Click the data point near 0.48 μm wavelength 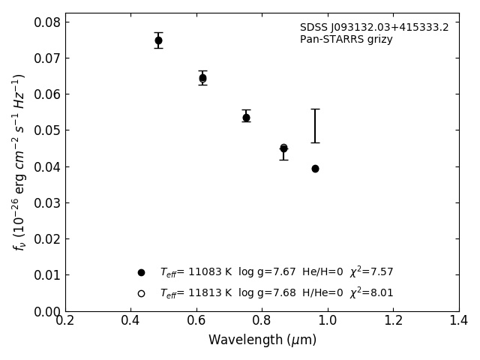click(x=158, y=40)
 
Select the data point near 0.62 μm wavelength click(x=202, y=78)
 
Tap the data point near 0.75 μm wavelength click(x=246, y=118)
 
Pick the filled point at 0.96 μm click(x=315, y=169)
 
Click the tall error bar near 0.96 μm click(x=315, y=125)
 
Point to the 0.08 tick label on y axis click(x=48, y=22)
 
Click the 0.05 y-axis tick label click(x=48, y=130)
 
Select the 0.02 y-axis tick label click(x=48, y=239)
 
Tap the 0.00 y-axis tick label click(x=48, y=311)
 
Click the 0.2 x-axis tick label click(x=65, y=320)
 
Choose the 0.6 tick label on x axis click(x=196, y=320)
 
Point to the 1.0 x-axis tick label click(x=328, y=320)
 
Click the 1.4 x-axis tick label click(x=458, y=320)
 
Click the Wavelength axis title click(x=262, y=340)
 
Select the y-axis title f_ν click(x=19, y=161)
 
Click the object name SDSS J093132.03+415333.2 click(x=374, y=28)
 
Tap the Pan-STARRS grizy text click(x=346, y=40)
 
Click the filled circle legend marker click(x=141, y=272)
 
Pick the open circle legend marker click(x=141, y=293)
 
